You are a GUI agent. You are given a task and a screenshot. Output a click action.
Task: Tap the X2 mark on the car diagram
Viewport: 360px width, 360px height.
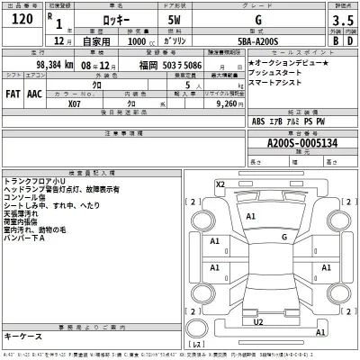(220, 184)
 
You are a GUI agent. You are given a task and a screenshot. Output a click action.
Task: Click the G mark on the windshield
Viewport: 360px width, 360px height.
(284, 238)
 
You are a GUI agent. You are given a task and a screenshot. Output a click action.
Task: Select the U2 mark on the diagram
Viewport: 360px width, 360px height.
(258, 321)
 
